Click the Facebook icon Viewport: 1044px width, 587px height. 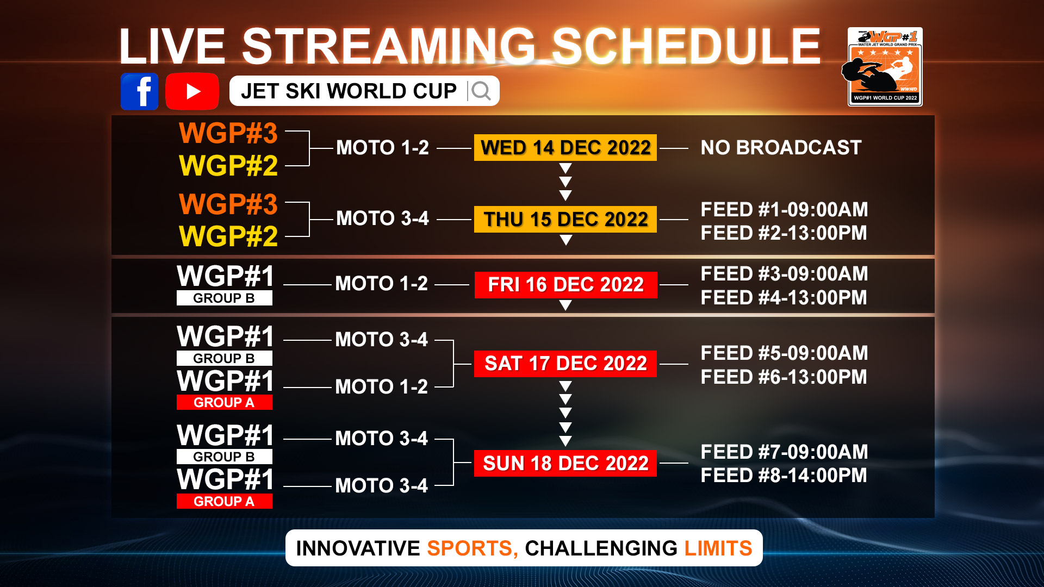[x=140, y=91]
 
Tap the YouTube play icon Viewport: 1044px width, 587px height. [x=192, y=91]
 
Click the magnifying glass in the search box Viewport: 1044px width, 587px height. [x=481, y=91]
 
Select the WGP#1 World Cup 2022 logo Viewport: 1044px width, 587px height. [x=885, y=66]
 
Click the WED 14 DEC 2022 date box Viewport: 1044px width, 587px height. [x=565, y=147]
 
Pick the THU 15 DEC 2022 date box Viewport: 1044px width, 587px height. [x=565, y=219]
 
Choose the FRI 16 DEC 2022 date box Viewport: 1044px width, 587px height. [x=565, y=285]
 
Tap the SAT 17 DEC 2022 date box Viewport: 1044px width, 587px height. [x=565, y=364]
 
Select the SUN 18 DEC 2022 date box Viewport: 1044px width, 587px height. [x=565, y=463]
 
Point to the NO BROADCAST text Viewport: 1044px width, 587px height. [x=781, y=147]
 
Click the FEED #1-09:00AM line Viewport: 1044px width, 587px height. [x=784, y=209]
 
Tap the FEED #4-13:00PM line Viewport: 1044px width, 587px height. [x=784, y=297]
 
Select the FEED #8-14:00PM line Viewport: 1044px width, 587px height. [x=784, y=475]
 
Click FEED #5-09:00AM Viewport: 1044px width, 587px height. [x=784, y=353]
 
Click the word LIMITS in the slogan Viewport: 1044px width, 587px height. [x=718, y=548]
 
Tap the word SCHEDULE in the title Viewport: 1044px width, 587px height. [x=686, y=46]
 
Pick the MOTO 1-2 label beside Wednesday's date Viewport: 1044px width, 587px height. [x=382, y=147]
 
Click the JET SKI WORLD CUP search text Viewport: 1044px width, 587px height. [x=349, y=91]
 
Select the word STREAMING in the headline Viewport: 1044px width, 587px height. [x=389, y=46]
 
